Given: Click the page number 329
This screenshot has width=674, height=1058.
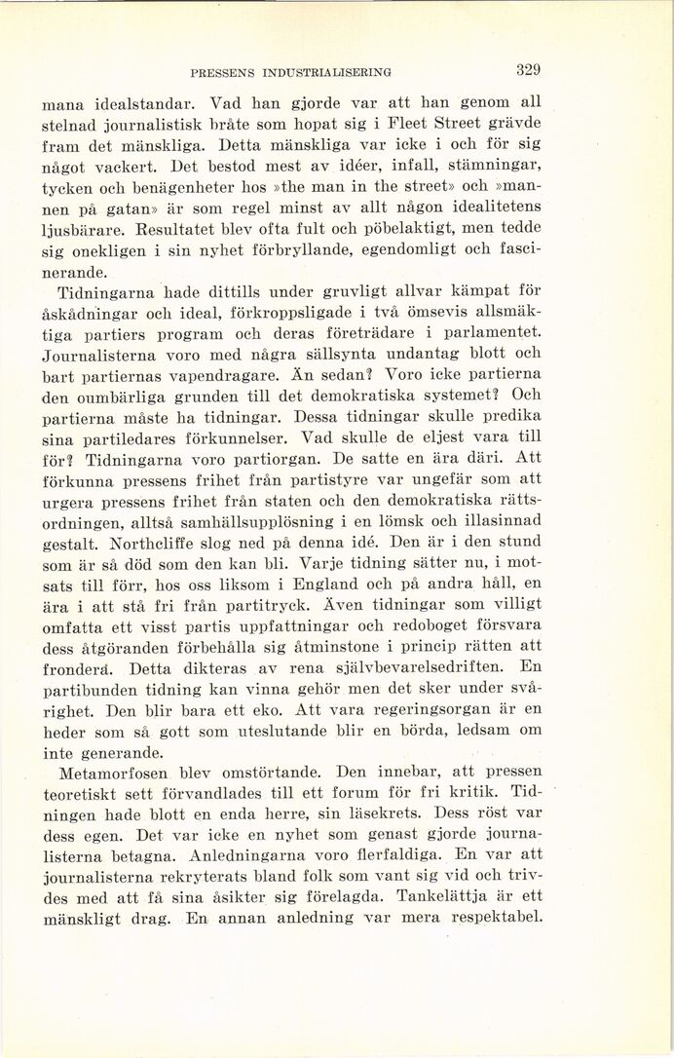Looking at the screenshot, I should [529, 69].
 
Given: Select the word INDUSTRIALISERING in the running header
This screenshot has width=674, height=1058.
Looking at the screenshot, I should [320, 71].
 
